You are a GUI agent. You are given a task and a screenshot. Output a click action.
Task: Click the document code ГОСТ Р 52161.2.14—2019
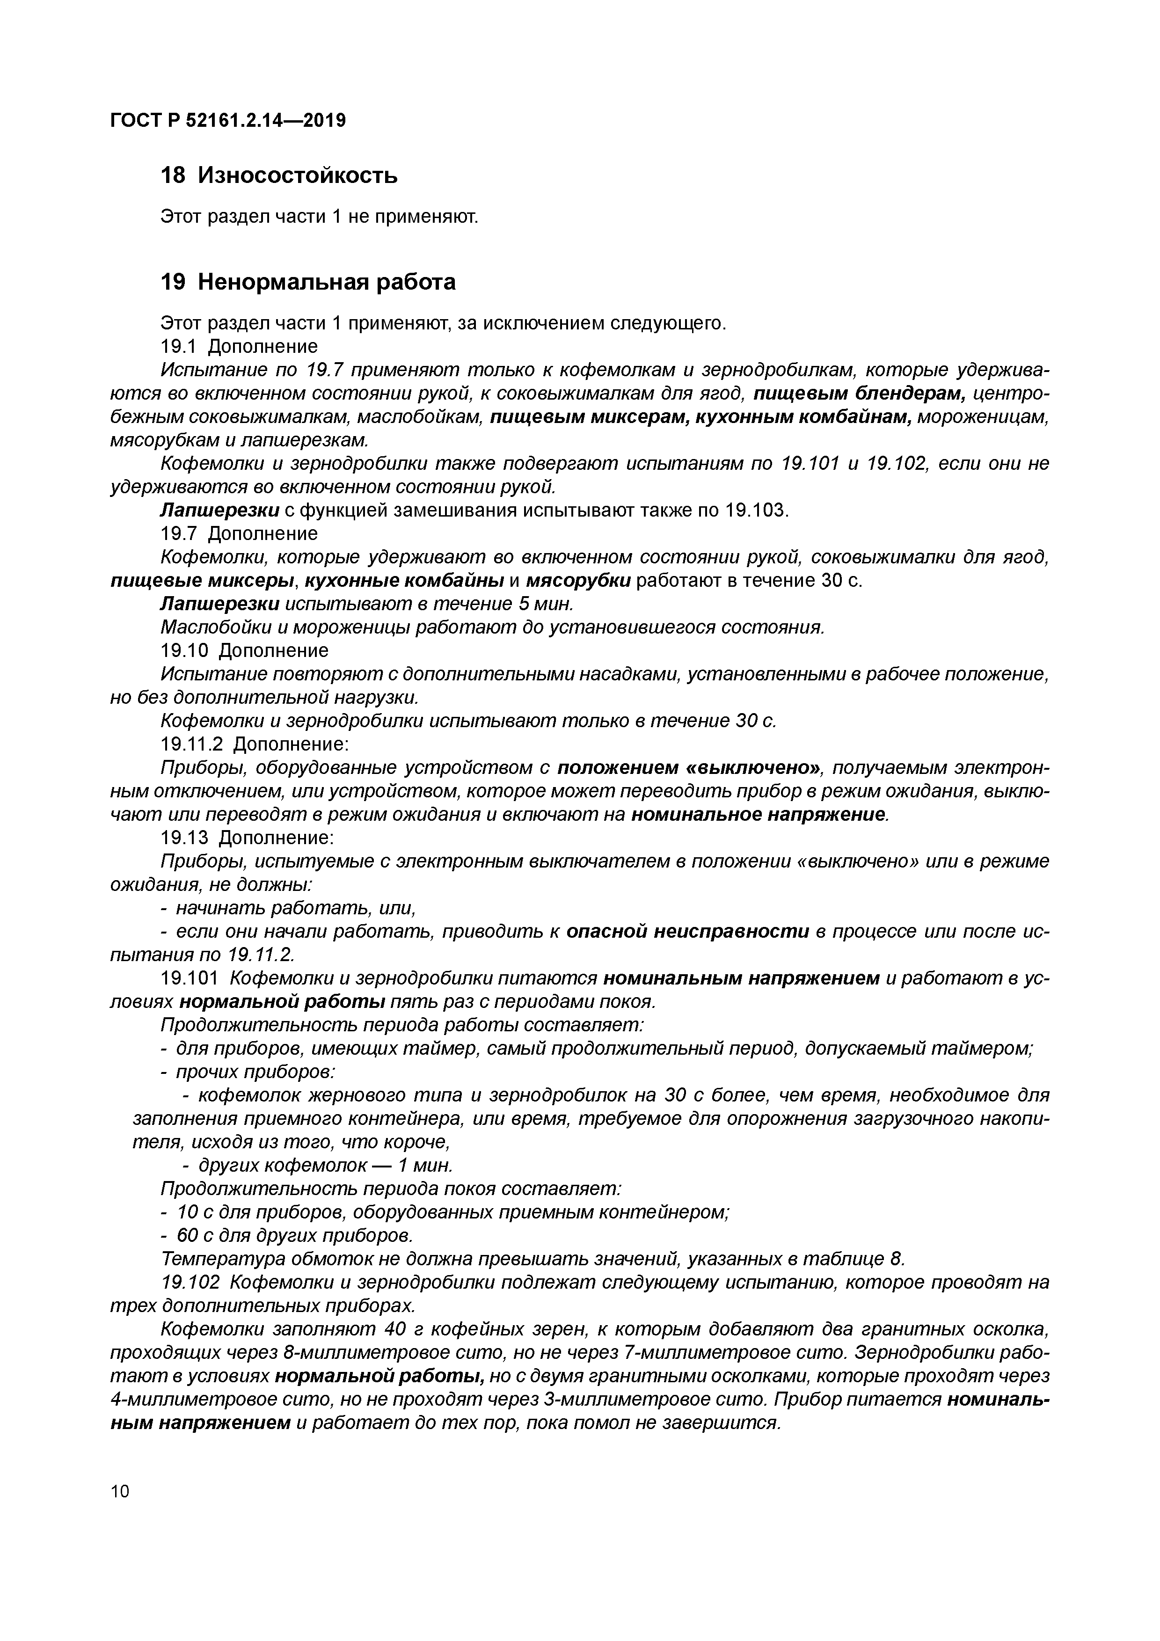pos(228,121)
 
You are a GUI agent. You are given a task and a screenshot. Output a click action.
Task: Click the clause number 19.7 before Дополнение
pos(179,534)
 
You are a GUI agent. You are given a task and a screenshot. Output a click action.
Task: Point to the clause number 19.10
pos(184,650)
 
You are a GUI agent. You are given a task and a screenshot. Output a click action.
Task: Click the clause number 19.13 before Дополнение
pos(184,838)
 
